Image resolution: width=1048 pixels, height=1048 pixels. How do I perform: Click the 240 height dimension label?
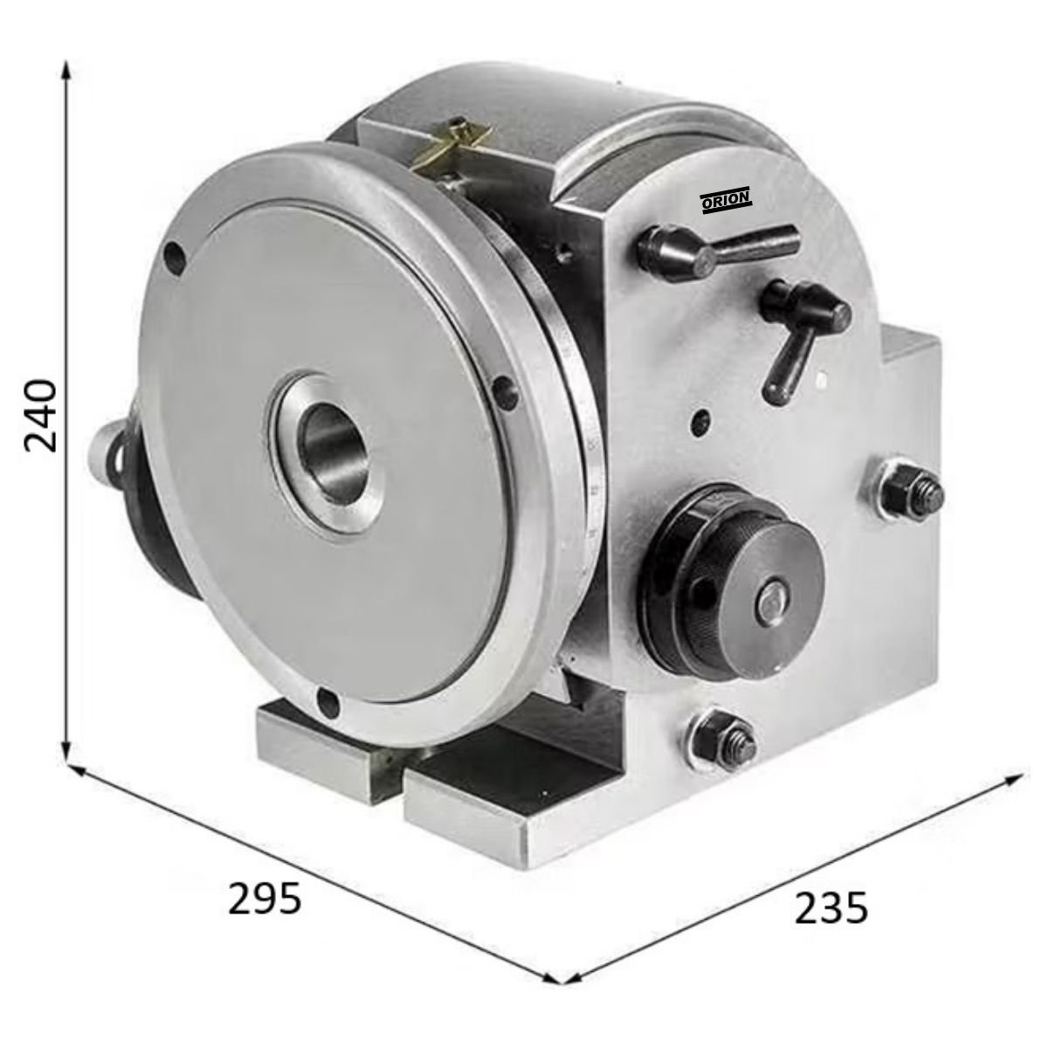(x=41, y=416)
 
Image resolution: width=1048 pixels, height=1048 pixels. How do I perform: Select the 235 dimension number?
(x=831, y=908)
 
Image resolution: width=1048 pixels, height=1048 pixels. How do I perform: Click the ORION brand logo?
(x=727, y=200)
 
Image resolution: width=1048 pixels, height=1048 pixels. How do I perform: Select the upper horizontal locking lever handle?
(x=717, y=250)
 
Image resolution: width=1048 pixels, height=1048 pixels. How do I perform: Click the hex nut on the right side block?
(x=912, y=493)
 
